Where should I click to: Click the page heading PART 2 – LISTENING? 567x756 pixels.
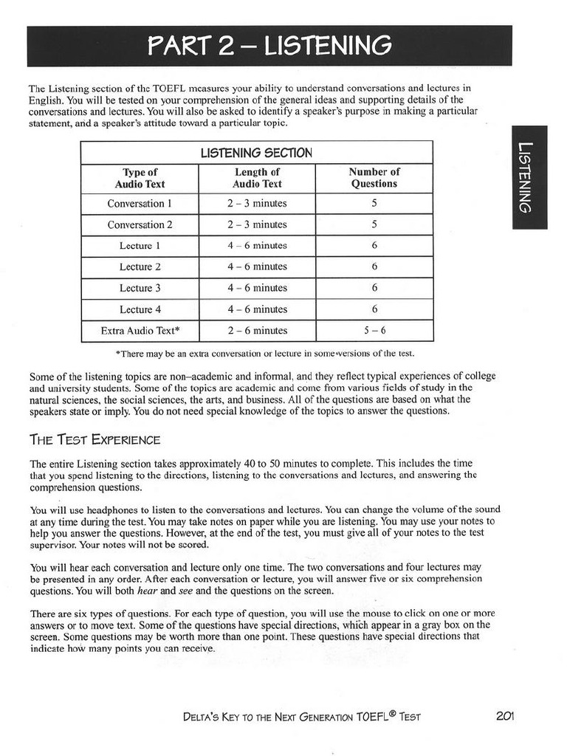point(269,47)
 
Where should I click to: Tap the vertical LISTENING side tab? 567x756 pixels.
point(529,177)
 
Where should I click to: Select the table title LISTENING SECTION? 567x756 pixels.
point(256,153)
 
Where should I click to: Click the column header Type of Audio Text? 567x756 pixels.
point(140,178)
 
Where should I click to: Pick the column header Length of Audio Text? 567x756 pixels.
point(257,178)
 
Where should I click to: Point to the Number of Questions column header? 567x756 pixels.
point(374,178)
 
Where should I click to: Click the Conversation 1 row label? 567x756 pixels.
point(140,204)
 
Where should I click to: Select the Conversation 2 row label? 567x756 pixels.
point(140,225)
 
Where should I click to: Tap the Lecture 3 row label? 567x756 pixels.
point(140,289)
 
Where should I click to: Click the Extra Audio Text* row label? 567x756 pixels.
point(140,331)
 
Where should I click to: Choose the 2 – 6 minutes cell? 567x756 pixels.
point(257,331)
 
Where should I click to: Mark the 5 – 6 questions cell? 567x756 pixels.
point(374,331)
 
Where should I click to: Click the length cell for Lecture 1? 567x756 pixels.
point(257,246)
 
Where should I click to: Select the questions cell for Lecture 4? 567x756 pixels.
point(374,310)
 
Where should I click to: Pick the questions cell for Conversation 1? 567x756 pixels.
point(374,204)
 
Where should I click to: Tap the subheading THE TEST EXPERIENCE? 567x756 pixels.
point(94,440)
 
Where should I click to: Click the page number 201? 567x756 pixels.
point(505,715)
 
